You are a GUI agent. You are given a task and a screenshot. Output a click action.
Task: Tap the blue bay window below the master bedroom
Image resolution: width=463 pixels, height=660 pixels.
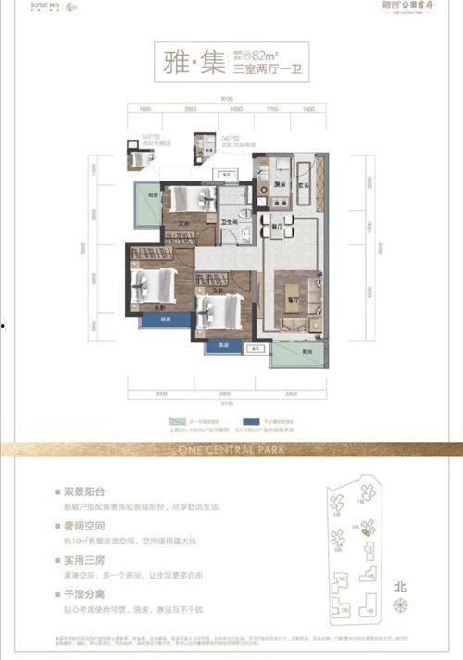(165, 318)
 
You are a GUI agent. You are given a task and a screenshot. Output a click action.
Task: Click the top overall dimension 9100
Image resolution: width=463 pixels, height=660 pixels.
(226, 100)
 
